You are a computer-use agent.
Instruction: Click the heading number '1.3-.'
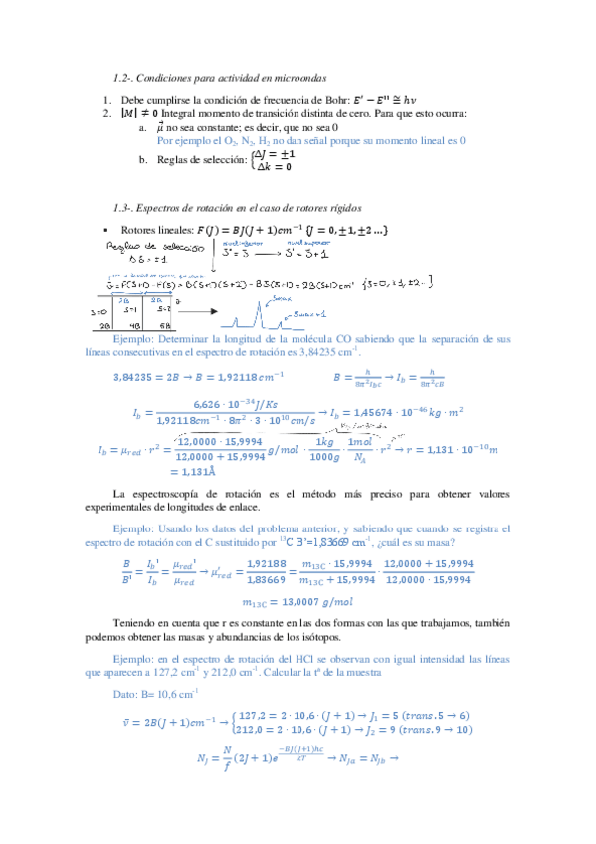[127, 206]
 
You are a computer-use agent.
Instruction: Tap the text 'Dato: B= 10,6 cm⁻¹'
[156, 693]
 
